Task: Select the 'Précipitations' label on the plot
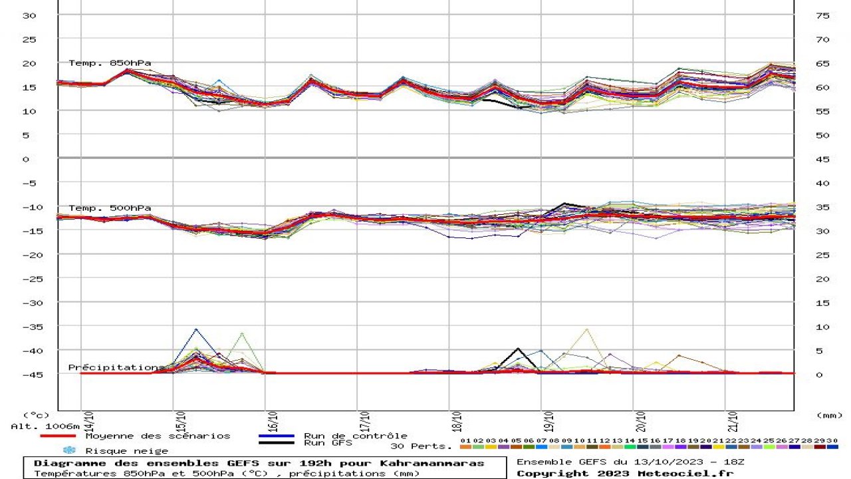(x=114, y=367)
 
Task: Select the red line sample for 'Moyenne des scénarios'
(x=57, y=436)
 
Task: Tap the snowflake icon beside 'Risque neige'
(x=70, y=450)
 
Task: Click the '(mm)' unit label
(x=829, y=415)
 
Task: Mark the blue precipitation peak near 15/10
(x=196, y=329)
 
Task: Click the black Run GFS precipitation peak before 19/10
(x=518, y=349)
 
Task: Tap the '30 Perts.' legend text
(x=421, y=446)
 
